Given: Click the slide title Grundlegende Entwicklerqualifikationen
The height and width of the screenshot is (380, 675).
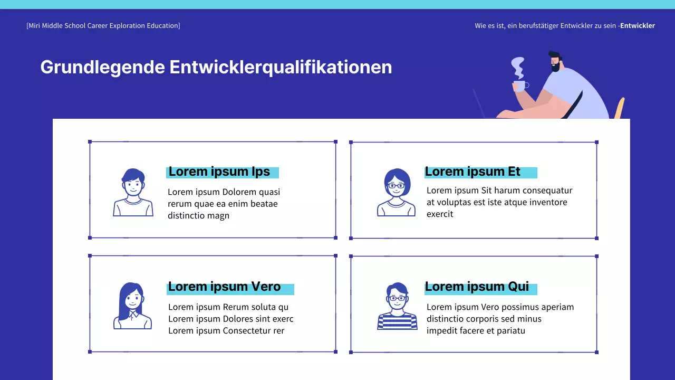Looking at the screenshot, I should pos(216,68).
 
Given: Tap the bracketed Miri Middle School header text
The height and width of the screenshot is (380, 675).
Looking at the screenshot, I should pos(103,25).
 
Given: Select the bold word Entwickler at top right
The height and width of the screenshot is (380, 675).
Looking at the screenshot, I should pos(638,25).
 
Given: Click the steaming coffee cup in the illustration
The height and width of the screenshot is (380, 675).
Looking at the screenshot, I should pos(519,86).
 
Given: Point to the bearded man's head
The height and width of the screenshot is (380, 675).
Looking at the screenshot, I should pos(554,61).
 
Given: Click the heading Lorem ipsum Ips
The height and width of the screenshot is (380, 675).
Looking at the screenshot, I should pos(219,172).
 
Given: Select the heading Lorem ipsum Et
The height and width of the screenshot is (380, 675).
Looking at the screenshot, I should pos(472,172).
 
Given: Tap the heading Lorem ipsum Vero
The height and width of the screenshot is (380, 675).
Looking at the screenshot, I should pos(225,287).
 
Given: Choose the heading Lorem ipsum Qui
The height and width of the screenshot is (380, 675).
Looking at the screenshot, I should pos(477,287).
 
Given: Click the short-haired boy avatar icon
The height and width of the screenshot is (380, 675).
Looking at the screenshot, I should pos(133,193).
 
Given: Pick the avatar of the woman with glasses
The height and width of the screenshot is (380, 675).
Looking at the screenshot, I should pos(397,193).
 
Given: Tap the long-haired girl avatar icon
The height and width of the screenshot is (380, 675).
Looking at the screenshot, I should pos(132,306).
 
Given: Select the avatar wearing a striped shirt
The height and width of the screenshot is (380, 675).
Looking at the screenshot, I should pos(397,306).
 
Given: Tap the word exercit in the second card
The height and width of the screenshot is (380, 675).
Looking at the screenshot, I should pos(440,214).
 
